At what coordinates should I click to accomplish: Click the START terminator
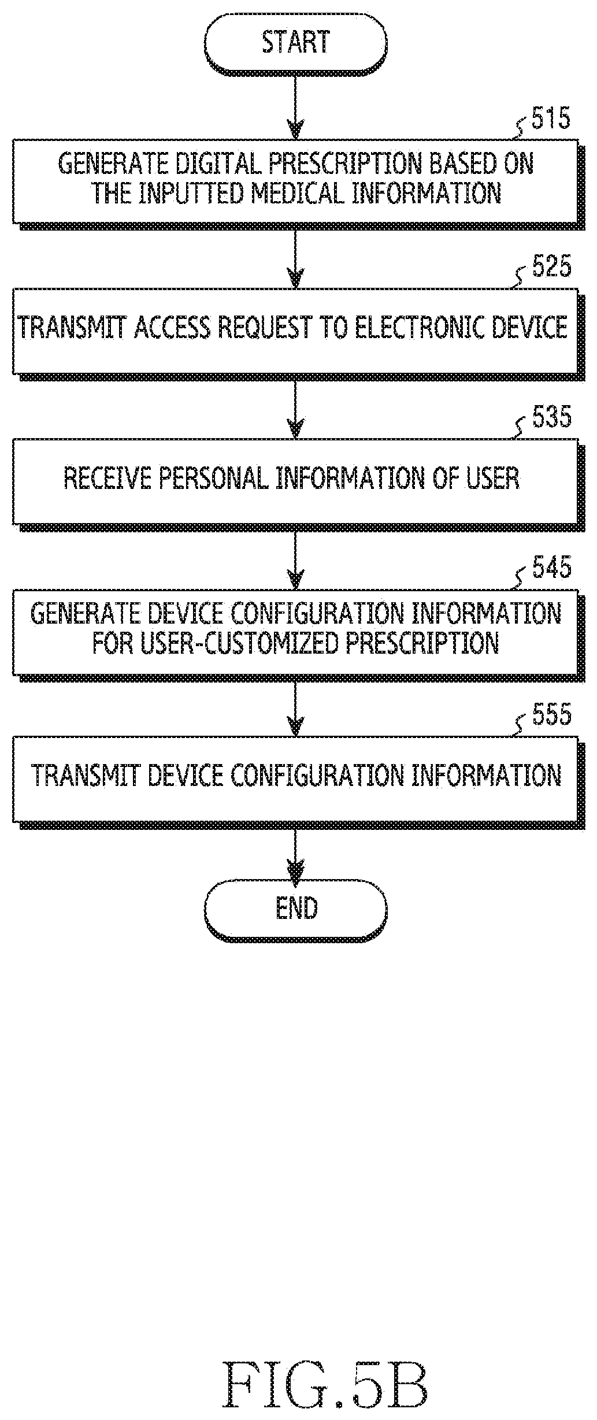tap(295, 43)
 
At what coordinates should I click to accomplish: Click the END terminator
tap(295, 908)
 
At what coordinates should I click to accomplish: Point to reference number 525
tap(551, 267)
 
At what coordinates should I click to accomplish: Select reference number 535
tap(551, 417)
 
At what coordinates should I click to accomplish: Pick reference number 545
tap(551, 568)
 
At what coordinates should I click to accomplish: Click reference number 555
tap(551, 715)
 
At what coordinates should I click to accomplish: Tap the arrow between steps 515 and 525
tap(295, 255)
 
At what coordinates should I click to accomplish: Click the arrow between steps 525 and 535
tap(295, 406)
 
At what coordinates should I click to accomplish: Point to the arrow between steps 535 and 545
tap(295, 557)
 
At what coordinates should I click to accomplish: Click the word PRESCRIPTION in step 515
tap(347, 164)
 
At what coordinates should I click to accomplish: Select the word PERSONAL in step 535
tap(213, 479)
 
